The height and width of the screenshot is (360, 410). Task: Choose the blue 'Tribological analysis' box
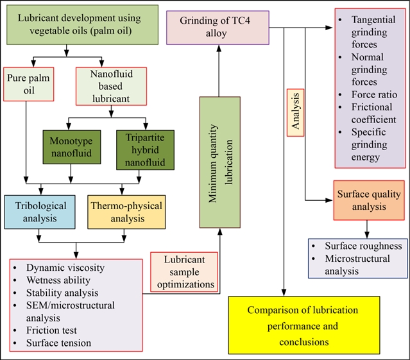click(38, 211)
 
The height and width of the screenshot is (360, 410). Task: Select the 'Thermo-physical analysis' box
click(125, 211)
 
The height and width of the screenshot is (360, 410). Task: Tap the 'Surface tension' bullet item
click(59, 343)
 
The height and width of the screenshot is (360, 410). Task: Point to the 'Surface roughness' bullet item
click(363, 246)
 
